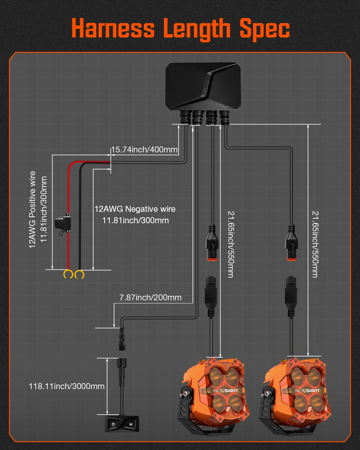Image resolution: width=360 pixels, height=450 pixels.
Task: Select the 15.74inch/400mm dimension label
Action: [144, 149]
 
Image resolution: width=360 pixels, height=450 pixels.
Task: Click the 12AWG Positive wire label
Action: [32, 209]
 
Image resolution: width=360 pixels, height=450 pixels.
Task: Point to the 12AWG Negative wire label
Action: [135, 209]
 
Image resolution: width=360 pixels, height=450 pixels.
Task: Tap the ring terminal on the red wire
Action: [68, 274]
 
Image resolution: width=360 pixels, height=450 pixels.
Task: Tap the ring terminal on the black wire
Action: [79, 274]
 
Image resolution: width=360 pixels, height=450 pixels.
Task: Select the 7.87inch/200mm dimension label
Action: [150, 297]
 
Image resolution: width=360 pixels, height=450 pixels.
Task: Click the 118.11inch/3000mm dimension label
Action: [67, 386]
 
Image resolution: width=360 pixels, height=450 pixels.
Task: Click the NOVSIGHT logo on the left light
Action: [226, 391]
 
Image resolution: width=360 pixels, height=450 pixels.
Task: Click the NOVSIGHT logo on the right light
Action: [308, 391]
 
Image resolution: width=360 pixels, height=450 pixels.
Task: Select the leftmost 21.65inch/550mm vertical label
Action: [231, 244]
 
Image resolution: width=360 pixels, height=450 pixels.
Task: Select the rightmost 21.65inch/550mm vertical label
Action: [315, 244]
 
